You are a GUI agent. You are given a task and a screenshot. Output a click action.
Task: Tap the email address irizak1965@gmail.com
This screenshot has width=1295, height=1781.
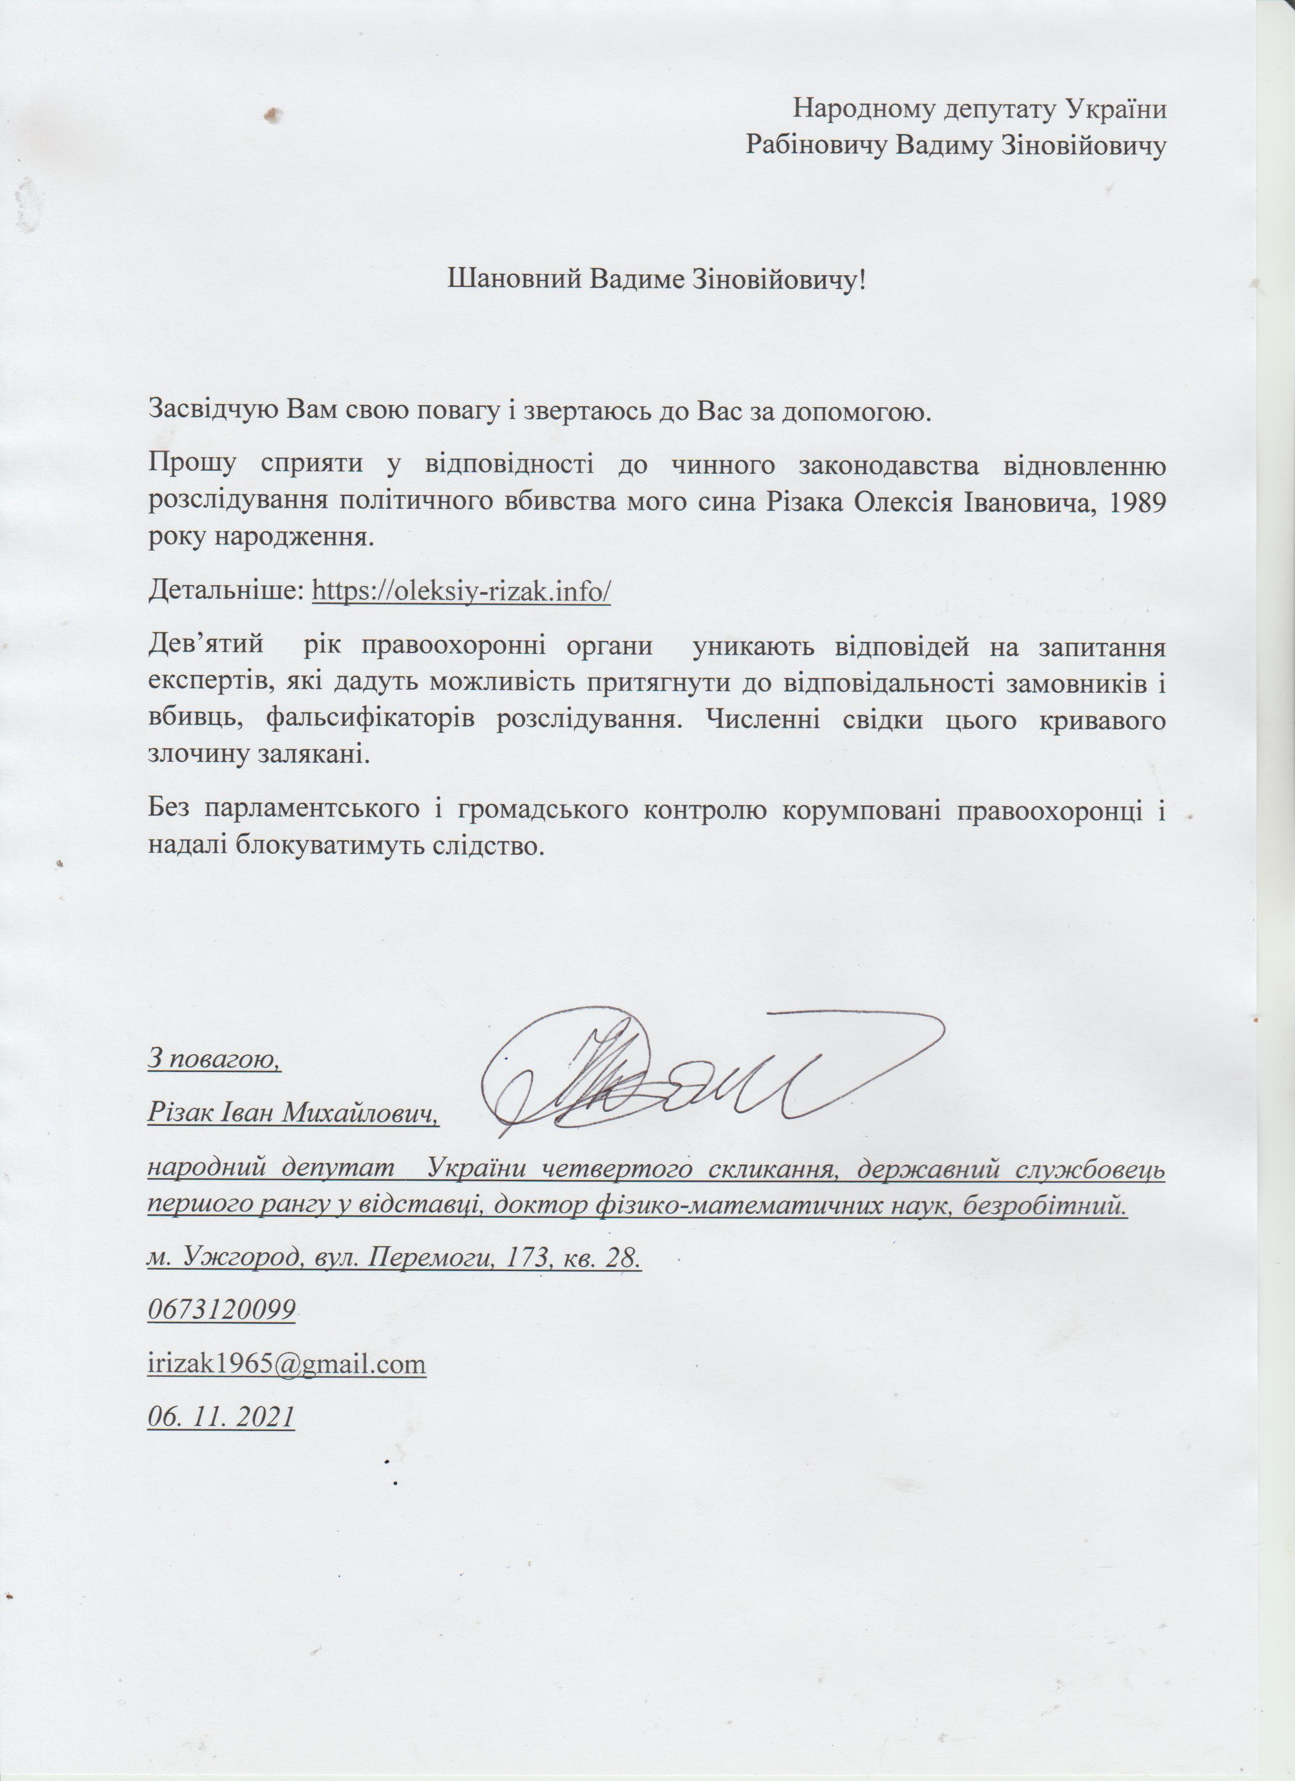pos(286,1363)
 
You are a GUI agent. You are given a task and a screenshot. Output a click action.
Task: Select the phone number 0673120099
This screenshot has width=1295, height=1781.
pos(221,1309)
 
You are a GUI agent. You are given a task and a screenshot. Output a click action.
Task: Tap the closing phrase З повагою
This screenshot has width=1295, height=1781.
pos(214,1059)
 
